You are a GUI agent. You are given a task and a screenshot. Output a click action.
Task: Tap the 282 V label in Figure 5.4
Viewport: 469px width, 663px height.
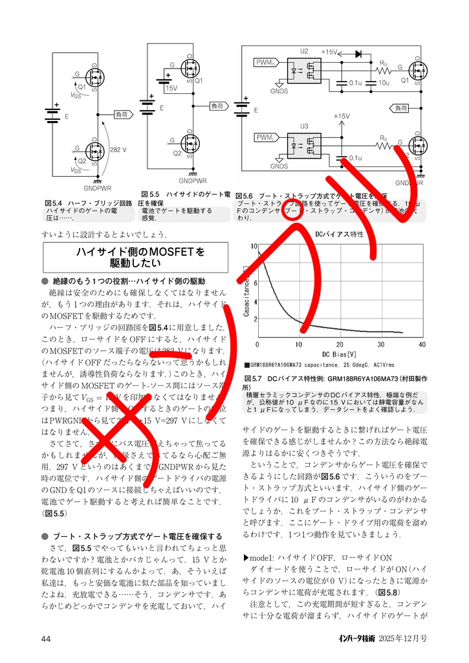(118, 150)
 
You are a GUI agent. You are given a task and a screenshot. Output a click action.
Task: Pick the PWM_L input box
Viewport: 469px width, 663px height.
(266, 138)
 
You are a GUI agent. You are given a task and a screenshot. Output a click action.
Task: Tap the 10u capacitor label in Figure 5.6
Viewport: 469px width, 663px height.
(384, 84)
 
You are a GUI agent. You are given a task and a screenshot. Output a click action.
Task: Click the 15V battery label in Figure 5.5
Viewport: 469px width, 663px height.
(171, 87)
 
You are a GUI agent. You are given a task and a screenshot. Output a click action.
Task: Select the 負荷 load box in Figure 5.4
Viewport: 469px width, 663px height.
(122, 115)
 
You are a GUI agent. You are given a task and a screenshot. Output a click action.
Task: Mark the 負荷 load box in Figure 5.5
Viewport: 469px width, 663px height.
(218, 106)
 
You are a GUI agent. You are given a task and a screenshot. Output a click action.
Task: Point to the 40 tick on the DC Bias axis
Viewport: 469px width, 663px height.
(422, 344)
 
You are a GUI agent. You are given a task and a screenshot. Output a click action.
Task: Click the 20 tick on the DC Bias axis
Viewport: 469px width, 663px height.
(340, 344)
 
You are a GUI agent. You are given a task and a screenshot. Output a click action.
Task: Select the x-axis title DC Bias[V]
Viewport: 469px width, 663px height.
(340, 354)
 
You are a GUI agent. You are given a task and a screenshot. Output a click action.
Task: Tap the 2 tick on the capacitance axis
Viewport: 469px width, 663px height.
(254, 319)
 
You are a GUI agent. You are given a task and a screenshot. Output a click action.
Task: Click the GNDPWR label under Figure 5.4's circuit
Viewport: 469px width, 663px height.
(98, 188)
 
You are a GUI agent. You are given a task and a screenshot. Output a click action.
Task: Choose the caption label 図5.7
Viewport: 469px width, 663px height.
(253, 377)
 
